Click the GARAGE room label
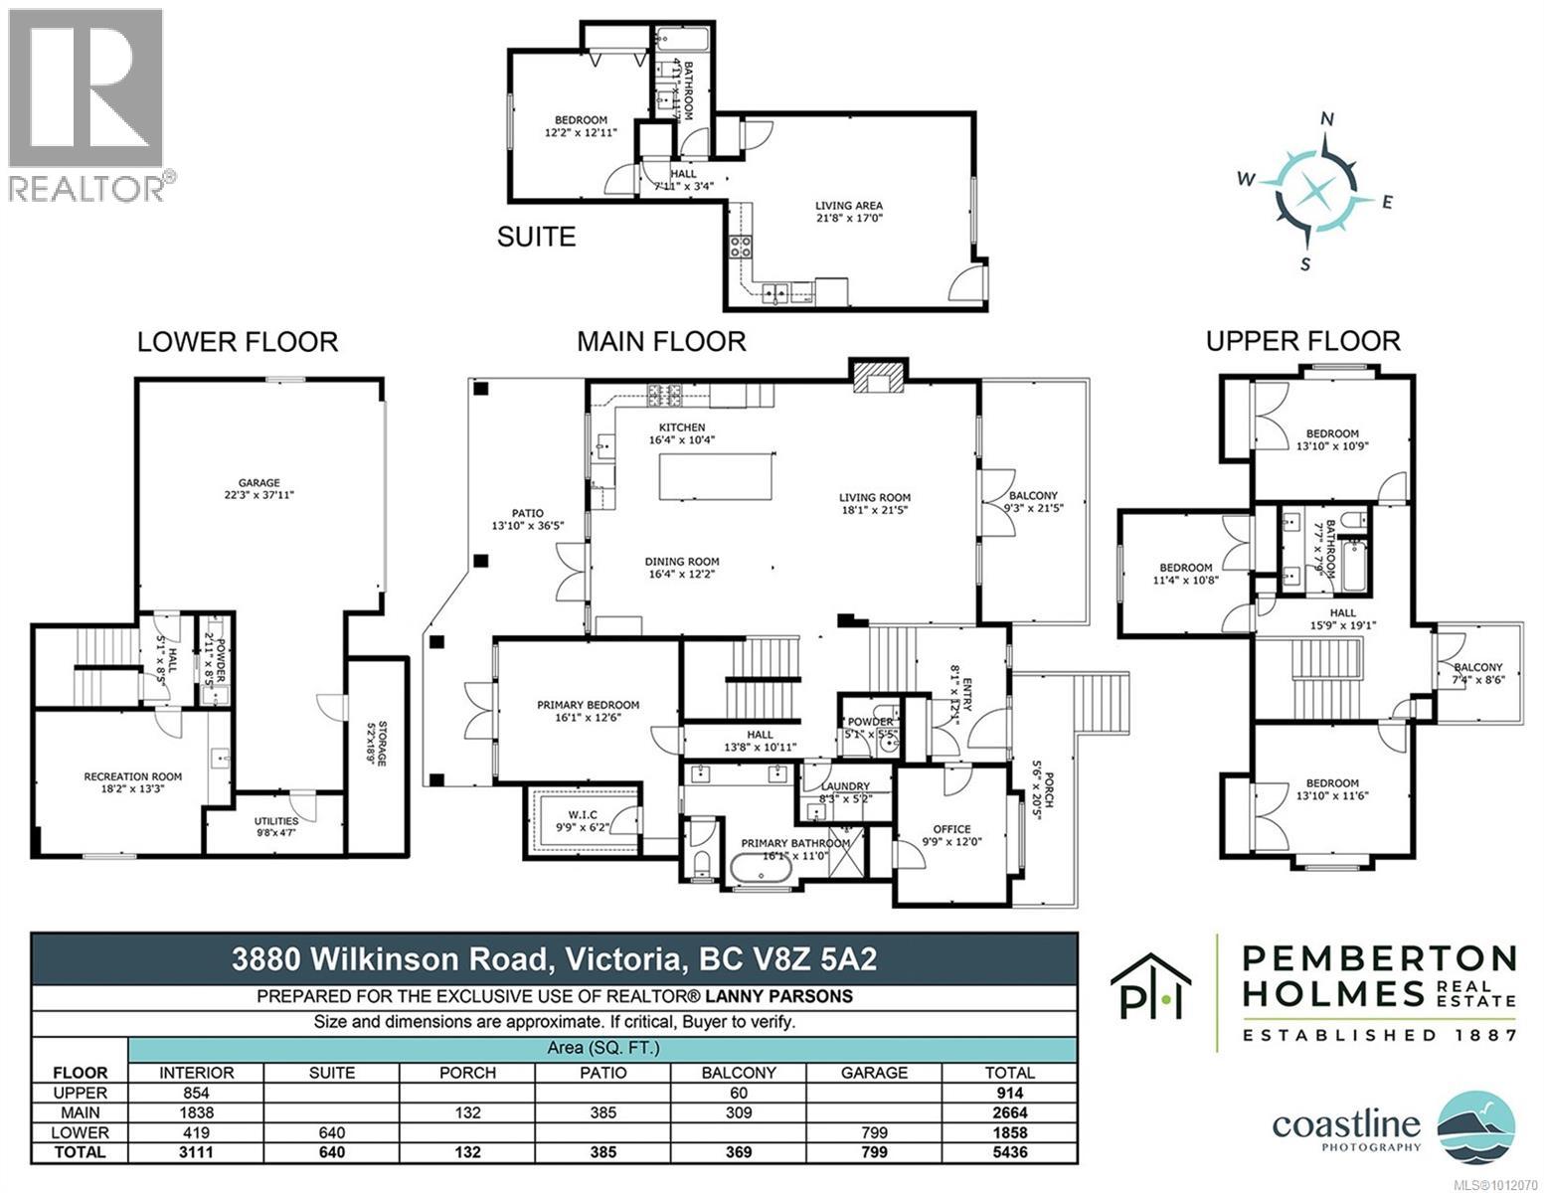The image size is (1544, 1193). (x=258, y=483)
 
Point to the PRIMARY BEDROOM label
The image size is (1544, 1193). (x=588, y=705)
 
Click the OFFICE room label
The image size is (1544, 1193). (x=950, y=829)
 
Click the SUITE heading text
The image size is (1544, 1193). (x=536, y=237)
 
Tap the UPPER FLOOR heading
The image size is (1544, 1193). (x=1302, y=341)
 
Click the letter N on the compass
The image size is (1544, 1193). (x=1325, y=118)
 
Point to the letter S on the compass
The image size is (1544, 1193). (x=1306, y=263)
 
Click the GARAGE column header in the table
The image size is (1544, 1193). (x=874, y=1073)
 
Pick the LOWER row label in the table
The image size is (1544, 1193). (x=81, y=1132)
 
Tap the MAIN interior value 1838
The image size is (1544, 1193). (x=195, y=1112)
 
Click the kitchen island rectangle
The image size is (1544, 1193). (x=717, y=476)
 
